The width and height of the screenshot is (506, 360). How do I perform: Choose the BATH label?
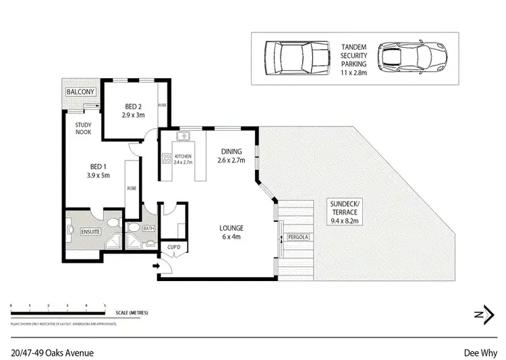(x=148, y=229)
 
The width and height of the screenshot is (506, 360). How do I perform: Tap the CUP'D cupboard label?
(x=175, y=249)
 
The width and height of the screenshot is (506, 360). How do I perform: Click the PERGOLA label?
(x=298, y=238)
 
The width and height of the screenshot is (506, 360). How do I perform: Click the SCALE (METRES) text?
(x=131, y=313)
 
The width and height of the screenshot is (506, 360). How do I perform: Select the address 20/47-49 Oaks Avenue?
(x=53, y=352)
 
